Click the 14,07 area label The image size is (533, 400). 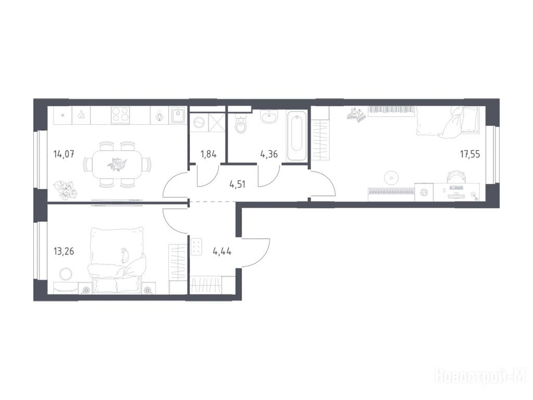[64, 154]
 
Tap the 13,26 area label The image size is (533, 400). [64, 252]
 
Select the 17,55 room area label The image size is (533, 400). [470, 154]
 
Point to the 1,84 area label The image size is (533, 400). [208, 154]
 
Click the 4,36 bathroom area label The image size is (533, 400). [269, 154]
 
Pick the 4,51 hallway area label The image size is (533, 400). [237, 185]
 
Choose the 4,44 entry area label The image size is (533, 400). [222, 252]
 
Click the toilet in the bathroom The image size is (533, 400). [241, 124]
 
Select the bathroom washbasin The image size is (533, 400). [270, 117]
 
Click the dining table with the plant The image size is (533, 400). [116, 165]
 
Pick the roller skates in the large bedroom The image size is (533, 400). [355, 114]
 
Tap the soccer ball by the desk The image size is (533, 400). [424, 192]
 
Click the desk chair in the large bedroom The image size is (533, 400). [455, 177]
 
